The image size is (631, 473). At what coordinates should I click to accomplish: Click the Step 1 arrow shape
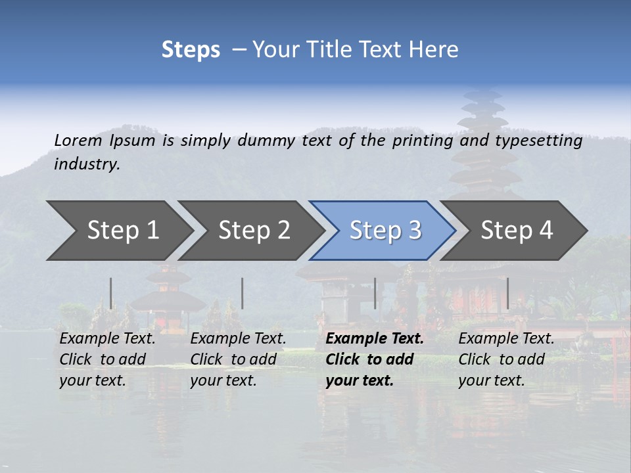[118, 230]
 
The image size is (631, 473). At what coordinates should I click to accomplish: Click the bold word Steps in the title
[191, 50]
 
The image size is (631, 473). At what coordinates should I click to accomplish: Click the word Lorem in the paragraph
[78, 140]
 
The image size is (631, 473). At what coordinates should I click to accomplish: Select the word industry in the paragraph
[87, 164]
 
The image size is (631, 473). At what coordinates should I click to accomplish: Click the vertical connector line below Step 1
[111, 293]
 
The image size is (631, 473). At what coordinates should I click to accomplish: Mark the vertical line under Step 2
[243, 293]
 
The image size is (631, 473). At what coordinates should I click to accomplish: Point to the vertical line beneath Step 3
[375, 293]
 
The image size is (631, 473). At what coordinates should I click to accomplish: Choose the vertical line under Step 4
[507, 293]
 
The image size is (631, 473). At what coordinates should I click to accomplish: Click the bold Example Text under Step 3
[375, 339]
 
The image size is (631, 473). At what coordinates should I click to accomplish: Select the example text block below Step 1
[107, 359]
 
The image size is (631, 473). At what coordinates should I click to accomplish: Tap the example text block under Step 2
[238, 359]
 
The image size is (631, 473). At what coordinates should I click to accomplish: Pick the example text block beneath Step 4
[506, 359]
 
